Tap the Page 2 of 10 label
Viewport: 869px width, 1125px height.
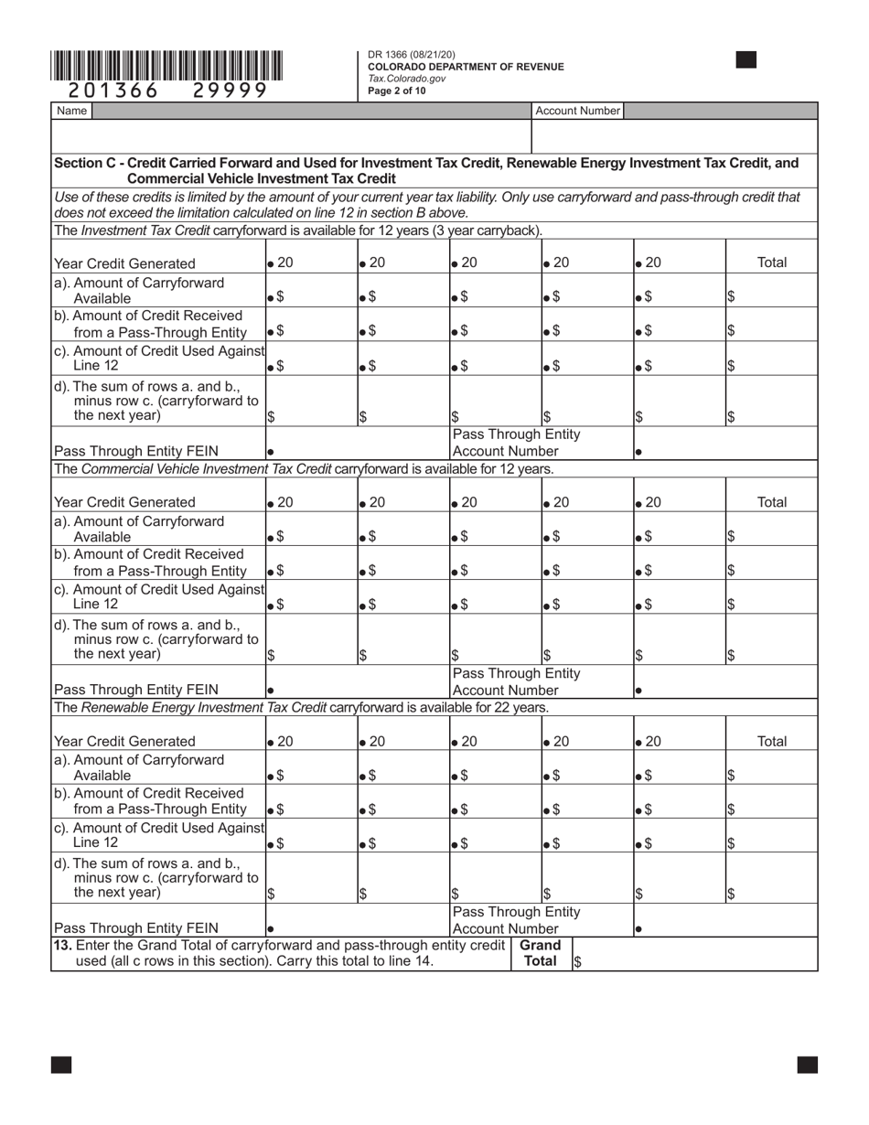point(397,91)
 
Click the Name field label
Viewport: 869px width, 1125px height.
point(71,111)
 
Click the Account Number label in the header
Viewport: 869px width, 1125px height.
point(577,111)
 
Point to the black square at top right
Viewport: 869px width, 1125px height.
point(746,60)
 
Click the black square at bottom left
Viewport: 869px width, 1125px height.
point(61,1064)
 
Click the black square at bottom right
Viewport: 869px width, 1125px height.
point(807,1064)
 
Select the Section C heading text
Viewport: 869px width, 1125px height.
point(426,170)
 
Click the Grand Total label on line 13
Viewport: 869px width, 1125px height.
point(540,953)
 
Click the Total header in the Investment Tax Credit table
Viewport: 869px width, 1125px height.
point(772,262)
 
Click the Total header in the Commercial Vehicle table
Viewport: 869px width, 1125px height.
point(772,502)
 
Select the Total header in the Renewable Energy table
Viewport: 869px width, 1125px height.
point(772,741)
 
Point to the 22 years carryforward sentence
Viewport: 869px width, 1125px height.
point(302,707)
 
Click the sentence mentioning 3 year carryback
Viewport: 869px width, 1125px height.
point(298,230)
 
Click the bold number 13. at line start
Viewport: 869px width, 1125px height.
point(64,945)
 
